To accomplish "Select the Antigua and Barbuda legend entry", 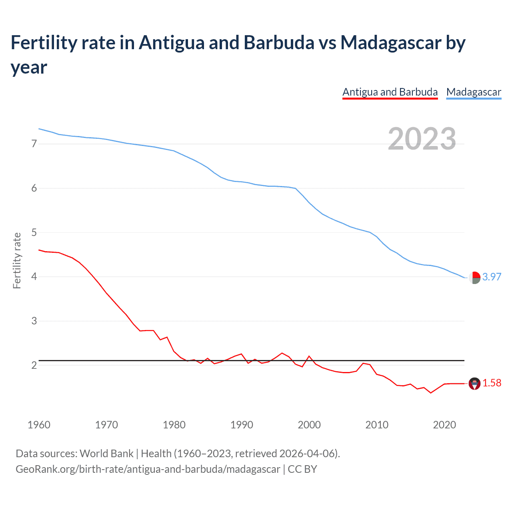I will [x=390, y=92].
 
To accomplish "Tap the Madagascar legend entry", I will [x=474, y=92].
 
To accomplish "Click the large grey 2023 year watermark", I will [x=422, y=139].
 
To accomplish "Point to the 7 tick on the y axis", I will [x=34, y=144].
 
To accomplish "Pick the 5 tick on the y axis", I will [x=34, y=232].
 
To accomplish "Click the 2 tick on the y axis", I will [x=34, y=365].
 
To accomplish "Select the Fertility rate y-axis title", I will [x=17, y=260].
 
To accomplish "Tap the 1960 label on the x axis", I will [x=39, y=425].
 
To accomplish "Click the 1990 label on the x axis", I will [x=242, y=425].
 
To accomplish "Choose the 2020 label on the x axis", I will [x=444, y=425].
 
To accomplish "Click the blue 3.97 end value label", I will [x=492, y=277].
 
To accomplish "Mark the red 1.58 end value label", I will [x=492, y=383].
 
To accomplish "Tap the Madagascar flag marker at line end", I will [x=474, y=277].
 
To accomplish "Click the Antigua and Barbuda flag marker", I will [x=474, y=383].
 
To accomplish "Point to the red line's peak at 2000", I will [x=309, y=356].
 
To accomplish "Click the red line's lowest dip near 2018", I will [x=431, y=393].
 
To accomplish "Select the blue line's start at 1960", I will [x=39, y=129].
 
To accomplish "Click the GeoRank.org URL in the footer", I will [x=148, y=469].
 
